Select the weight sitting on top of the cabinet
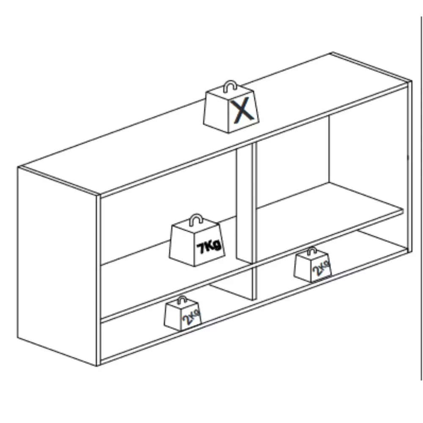click(x=231, y=107)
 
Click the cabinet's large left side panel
click(x=57, y=266)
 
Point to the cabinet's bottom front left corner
click(x=98, y=365)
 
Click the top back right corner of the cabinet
click(x=332, y=53)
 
